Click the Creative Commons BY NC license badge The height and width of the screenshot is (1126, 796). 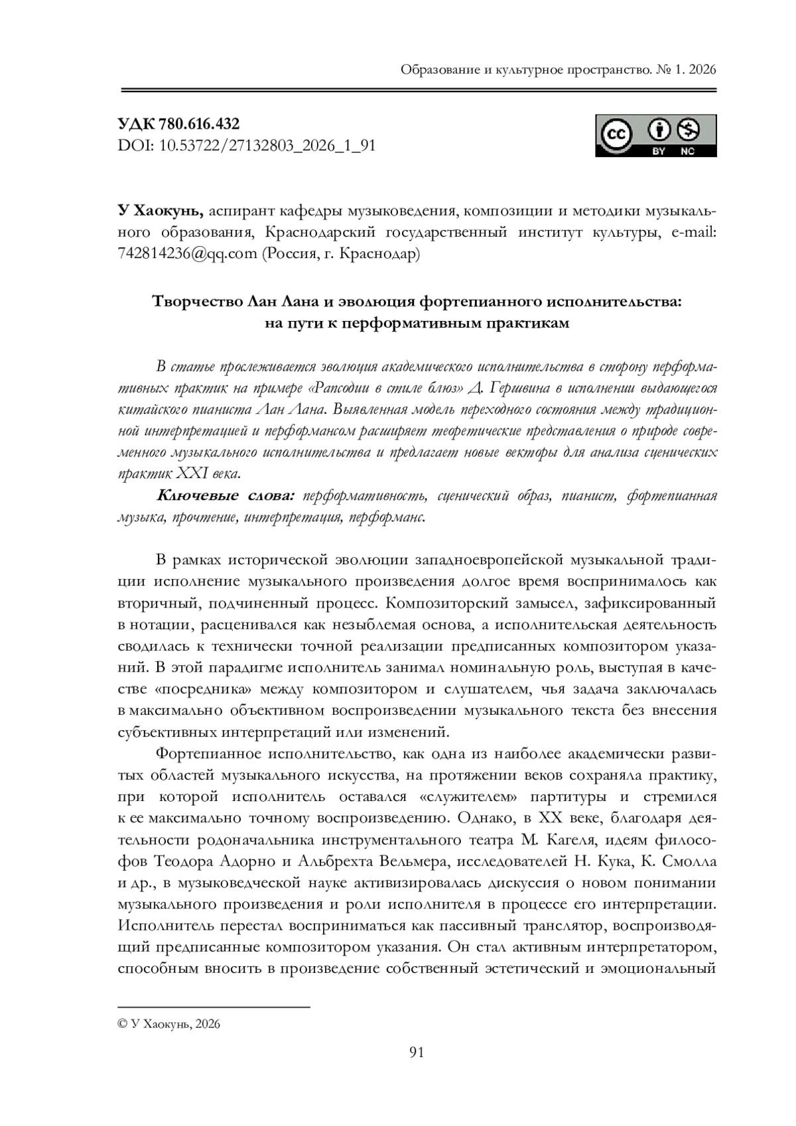[655, 136]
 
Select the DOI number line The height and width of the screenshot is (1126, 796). [246, 145]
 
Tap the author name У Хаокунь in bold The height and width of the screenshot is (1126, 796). [160, 211]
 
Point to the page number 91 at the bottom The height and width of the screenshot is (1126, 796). [417, 1052]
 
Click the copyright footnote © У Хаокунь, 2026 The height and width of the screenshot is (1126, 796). [168, 1024]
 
